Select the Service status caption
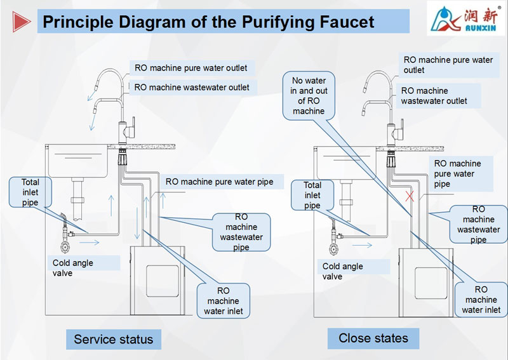113,339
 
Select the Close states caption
373,338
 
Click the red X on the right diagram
410,197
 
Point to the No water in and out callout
309,96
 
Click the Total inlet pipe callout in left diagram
30,192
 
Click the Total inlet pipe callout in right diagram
312,196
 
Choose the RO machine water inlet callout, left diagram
223,301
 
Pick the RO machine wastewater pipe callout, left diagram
241,232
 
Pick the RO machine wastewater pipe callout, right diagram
478,224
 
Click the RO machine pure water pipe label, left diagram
219,182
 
